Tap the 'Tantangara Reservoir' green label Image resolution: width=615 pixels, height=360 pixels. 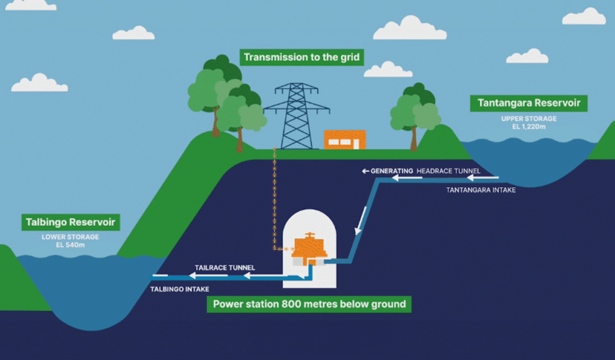tap(529, 103)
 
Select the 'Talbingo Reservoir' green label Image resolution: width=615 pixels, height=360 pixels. tap(70, 222)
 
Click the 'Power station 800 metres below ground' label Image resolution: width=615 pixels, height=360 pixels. tap(309, 304)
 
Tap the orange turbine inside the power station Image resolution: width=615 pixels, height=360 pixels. tap(309, 248)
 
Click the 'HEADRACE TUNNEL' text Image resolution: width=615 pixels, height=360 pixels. tap(449, 171)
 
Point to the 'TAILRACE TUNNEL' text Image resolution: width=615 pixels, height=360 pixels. tap(225, 267)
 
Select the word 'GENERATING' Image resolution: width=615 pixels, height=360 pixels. tap(392, 171)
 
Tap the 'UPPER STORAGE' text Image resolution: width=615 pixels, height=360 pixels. tap(529, 119)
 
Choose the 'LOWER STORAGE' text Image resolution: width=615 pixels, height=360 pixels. tap(70, 237)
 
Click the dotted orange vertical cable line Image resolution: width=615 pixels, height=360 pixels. tap(275, 198)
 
